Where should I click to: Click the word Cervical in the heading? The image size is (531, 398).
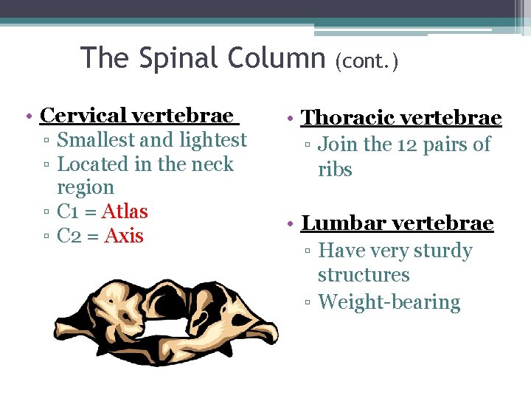click(x=83, y=116)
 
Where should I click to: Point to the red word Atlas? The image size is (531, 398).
click(x=125, y=212)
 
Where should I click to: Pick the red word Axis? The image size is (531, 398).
click(x=124, y=237)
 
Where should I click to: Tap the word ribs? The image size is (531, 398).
click(x=335, y=170)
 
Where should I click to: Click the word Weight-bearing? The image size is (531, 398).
click(x=389, y=302)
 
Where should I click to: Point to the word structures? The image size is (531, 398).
click(x=363, y=276)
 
